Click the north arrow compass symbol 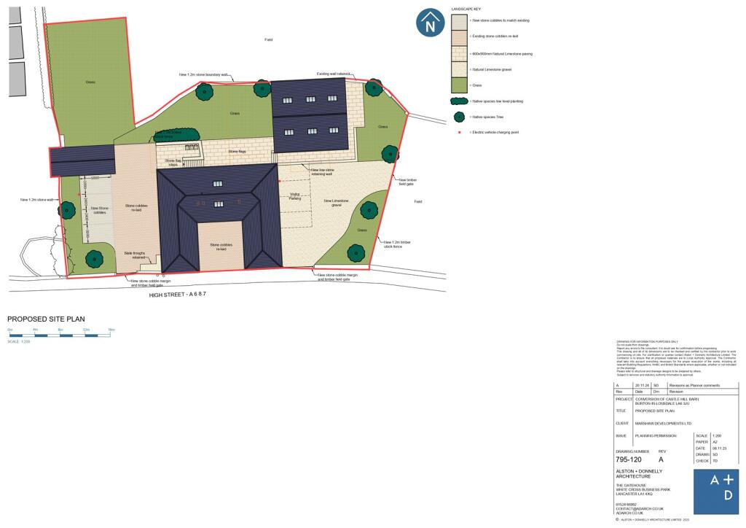tap(431, 23)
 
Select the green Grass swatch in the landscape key tap(460, 85)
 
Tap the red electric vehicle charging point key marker tap(460, 132)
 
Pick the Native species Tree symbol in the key tap(460, 117)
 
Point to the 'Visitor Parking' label tap(294, 197)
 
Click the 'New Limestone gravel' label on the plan tap(337, 202)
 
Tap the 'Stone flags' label tap(237, 152)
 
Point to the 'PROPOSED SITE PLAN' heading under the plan tap(46, 319)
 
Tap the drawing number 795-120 tap(629, 459)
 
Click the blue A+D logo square tap(715, 491)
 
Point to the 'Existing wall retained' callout tap(333, 74)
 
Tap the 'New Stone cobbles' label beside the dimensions tap(98, 210)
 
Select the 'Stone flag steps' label tap(173, 163)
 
